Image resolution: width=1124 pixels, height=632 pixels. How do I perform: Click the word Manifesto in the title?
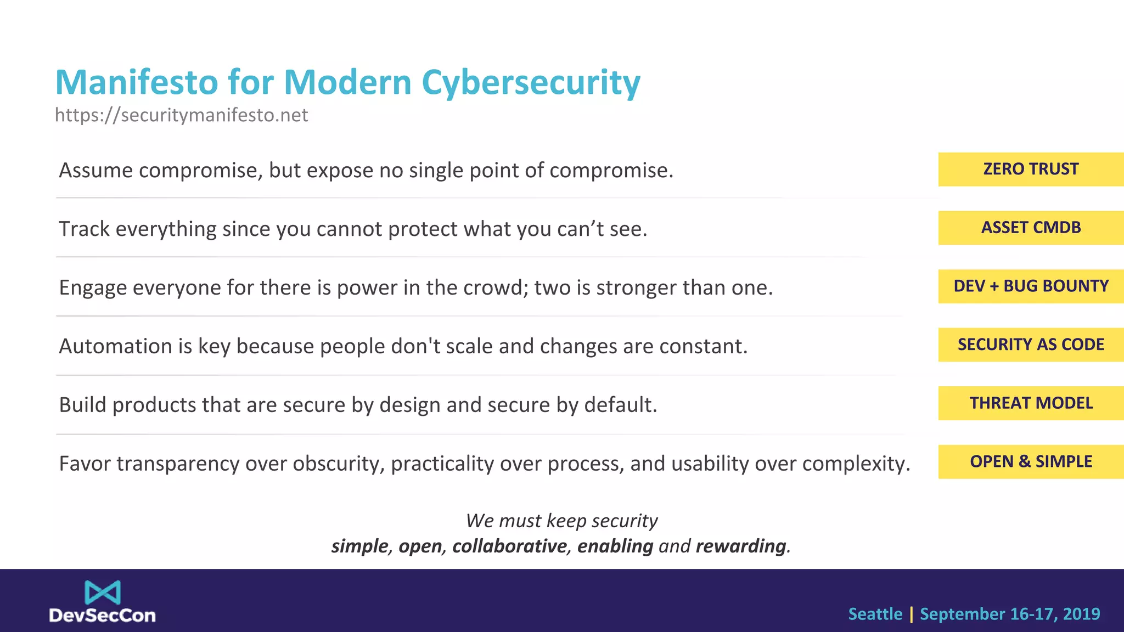(137, 82)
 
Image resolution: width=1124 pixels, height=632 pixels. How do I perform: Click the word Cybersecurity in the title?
(531, 83)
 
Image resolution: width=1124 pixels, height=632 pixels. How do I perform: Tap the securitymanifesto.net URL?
(181, 115)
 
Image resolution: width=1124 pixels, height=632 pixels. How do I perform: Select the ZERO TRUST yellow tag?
(1031, 169)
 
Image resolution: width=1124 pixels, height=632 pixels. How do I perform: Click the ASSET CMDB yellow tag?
(1031, 228)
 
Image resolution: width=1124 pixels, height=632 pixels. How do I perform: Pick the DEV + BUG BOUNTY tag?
(1031, 286)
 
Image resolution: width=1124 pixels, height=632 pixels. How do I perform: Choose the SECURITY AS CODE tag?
(1031, 345)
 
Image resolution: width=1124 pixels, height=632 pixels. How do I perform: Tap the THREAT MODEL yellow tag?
(1031, 403)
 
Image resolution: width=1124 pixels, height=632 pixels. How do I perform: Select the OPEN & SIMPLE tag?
(1031, 462)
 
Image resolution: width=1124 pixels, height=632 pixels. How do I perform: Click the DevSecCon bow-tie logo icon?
(103, 592)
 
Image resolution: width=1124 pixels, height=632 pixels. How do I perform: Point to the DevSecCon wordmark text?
(103, 616)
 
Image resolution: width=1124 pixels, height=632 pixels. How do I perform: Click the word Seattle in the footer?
(875, 614)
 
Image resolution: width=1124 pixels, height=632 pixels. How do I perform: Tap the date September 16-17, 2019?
(1010, 614)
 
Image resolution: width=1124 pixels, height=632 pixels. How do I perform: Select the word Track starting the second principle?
(84, 229)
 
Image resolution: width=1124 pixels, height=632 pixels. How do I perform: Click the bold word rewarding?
(741, 546)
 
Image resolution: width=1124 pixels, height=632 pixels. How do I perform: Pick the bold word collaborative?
(509, 546)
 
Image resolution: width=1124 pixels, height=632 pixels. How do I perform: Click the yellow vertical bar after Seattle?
(911, 614)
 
